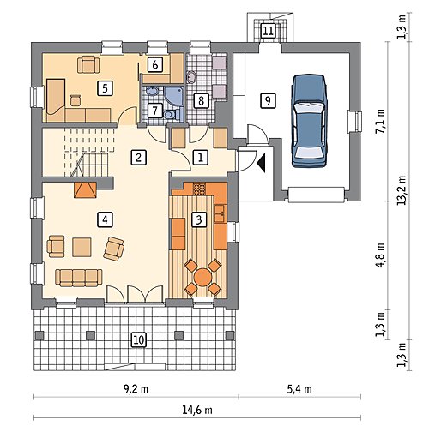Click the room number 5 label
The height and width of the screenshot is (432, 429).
105,87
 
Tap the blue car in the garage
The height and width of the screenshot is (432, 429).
309,120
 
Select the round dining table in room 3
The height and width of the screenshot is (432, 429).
202,277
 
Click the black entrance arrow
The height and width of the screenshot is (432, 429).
262,163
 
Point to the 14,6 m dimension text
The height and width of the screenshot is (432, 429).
197,411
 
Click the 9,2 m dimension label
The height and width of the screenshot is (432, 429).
136,389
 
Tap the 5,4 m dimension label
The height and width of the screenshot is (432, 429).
299,389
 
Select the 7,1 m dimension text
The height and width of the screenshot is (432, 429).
381,121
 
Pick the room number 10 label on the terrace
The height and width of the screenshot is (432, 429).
138,339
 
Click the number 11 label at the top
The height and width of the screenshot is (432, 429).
268,31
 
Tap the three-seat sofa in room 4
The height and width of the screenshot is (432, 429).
79,278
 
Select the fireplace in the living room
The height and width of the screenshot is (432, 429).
85,189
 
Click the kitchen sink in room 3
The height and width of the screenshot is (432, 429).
220,213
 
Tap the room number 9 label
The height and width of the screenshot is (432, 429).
268,100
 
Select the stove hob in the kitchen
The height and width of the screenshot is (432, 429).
199,189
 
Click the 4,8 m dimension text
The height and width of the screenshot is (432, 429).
381,255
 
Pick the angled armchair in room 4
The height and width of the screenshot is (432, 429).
114,249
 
